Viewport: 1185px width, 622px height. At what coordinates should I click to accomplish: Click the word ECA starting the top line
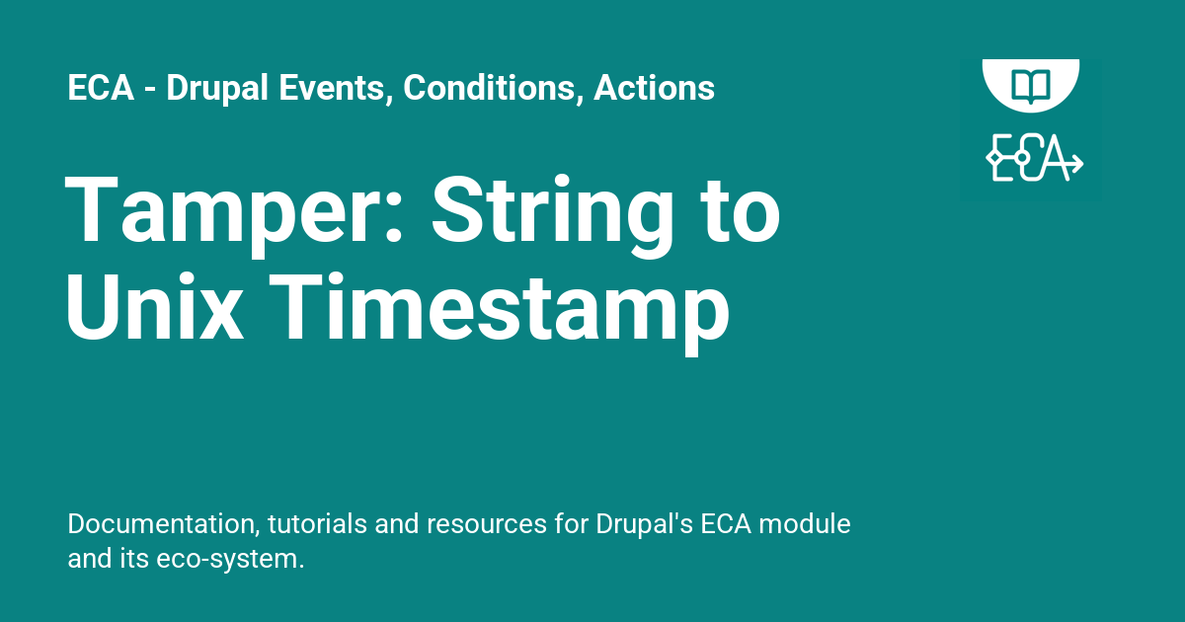[x=101, y=87]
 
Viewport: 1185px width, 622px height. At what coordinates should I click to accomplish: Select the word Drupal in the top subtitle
[x=217, y=89]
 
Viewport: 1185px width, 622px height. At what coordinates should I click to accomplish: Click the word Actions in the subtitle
[x=654, y=87]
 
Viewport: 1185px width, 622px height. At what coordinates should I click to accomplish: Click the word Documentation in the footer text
[x=164, y=523]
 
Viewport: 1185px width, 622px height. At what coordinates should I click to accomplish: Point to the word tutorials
[x=317, y=523]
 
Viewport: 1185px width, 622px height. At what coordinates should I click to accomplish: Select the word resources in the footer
[x=487, y=525]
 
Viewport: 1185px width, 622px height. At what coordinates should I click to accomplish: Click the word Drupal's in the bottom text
[x=644, y=524]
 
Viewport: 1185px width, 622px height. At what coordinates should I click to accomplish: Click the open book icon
[x=1031, y=85]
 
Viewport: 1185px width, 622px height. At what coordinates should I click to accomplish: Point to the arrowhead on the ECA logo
[x=1077, y=163]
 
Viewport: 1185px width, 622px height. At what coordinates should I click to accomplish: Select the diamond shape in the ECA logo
[x=994, y=158]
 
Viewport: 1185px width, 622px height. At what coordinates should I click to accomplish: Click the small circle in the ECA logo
[x=1022, y=158]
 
